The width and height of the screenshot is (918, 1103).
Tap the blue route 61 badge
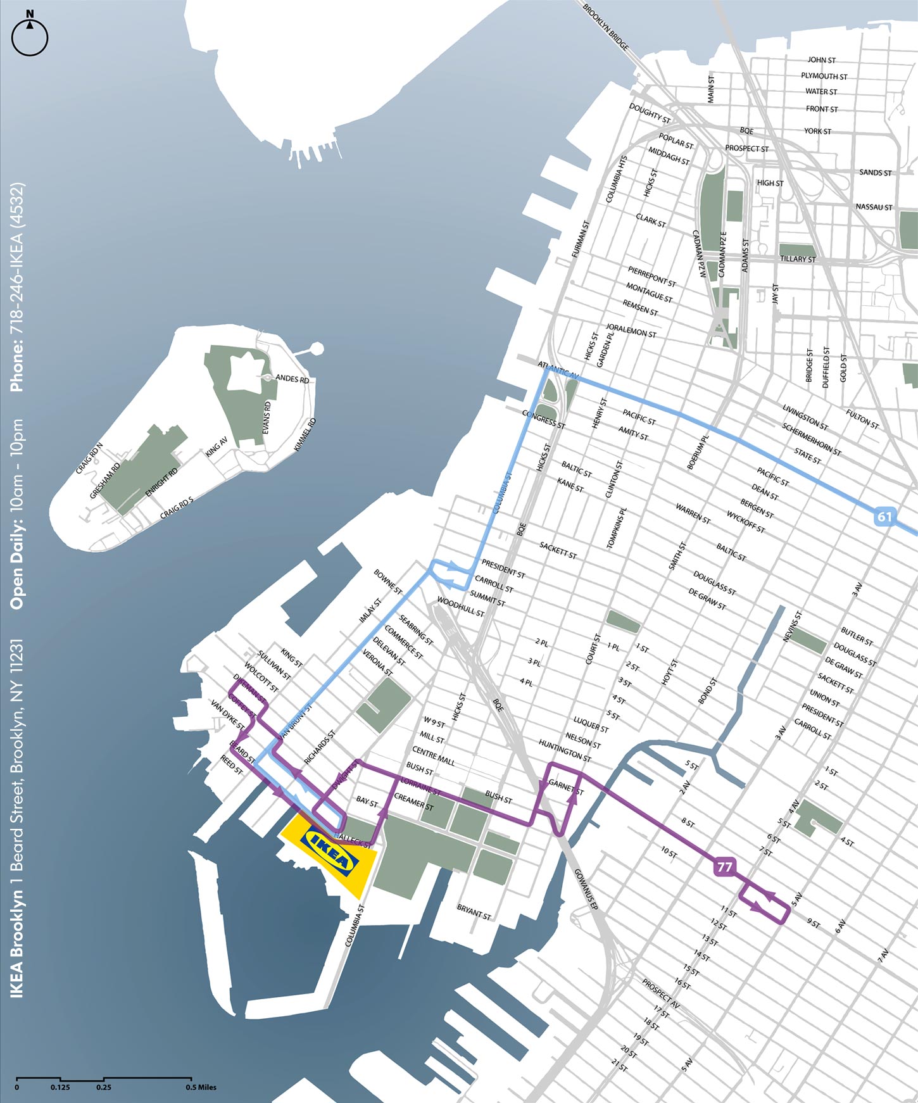coord(884,516)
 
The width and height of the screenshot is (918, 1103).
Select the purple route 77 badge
coord(724,866)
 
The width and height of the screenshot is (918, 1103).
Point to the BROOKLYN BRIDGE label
coord(606,28)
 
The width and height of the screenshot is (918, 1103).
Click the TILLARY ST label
coord(798,259)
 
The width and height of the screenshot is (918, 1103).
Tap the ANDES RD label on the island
coord(292,379)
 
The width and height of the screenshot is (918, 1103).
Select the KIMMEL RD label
coord(305,434)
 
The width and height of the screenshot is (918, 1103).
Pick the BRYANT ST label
coord(474,912)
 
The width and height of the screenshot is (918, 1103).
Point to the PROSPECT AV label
coord(660,995)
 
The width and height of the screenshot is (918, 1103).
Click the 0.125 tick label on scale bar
coord(60,1087)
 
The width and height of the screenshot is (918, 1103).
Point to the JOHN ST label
coord(821,60)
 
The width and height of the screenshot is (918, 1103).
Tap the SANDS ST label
coord(875,173)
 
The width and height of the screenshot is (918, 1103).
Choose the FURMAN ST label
coord(581,239)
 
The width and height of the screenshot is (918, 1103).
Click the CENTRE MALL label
coord(433,756)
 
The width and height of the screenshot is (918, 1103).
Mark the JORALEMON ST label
coord(631,331)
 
